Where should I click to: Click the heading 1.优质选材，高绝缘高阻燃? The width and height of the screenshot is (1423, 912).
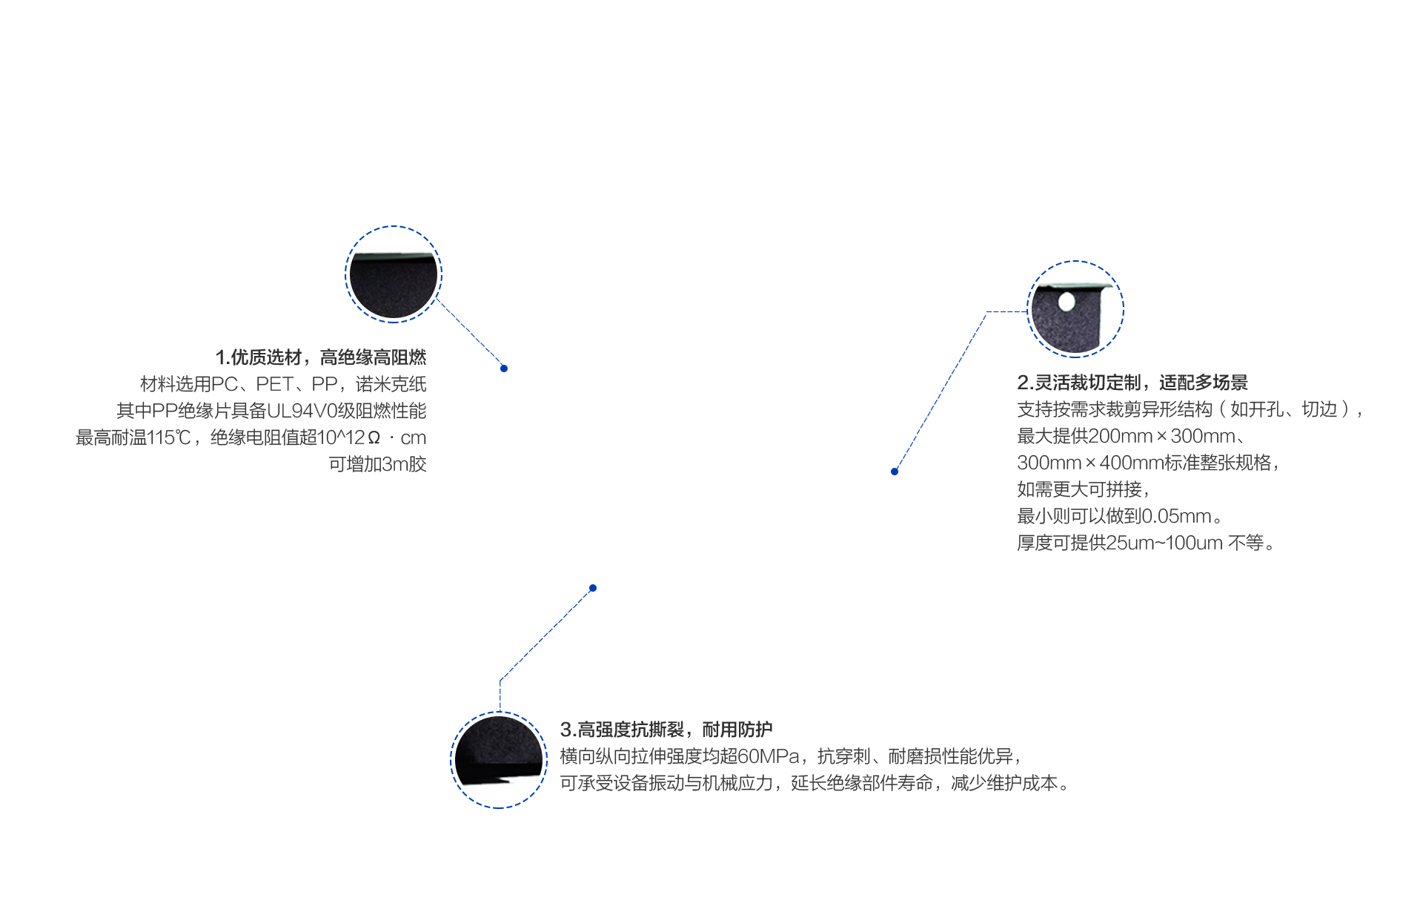click(x=321, y=357)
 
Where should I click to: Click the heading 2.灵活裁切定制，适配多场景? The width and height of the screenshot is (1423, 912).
click(x=1132, y=383)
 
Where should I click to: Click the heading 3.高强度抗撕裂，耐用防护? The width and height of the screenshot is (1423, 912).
click(x=666, y=730)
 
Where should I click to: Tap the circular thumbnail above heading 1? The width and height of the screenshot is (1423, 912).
click(x=394, y=274)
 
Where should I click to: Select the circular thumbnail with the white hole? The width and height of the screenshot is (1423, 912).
click(x=1075, y=309)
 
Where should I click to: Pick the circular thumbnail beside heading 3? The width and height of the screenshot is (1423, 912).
click(x=499, y=760)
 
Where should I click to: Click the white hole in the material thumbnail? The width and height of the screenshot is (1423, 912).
click(x=1067, y=301)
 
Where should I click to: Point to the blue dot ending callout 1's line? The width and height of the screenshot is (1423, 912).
click(x=504, y=368)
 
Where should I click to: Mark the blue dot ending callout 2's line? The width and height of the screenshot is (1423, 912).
click(x=895, y=472)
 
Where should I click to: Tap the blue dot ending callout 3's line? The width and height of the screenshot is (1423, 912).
click(x=593, y=588)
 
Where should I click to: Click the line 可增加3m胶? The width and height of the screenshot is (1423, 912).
click(x=377, y=464)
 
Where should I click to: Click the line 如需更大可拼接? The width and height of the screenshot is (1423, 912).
click(x=1083, y=489)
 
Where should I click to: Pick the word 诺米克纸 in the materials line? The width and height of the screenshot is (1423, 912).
click(x=391, y=384)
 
